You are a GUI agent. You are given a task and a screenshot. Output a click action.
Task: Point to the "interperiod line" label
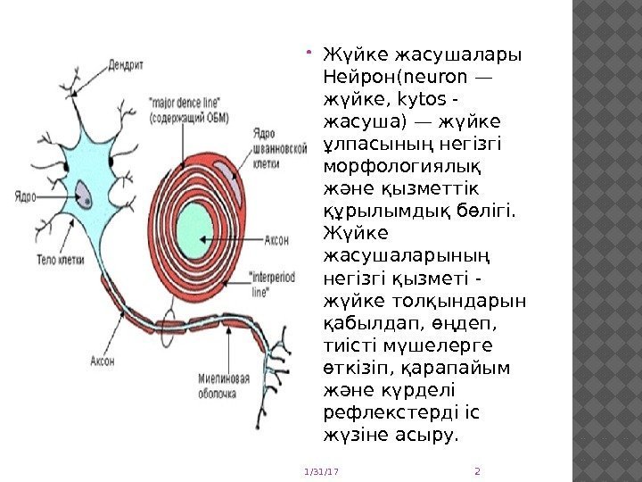coord(274,283)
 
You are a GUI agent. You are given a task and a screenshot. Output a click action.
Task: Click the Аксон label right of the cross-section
coord(277,239)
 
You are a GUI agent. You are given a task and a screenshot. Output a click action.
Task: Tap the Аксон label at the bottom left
coord(102,361)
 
